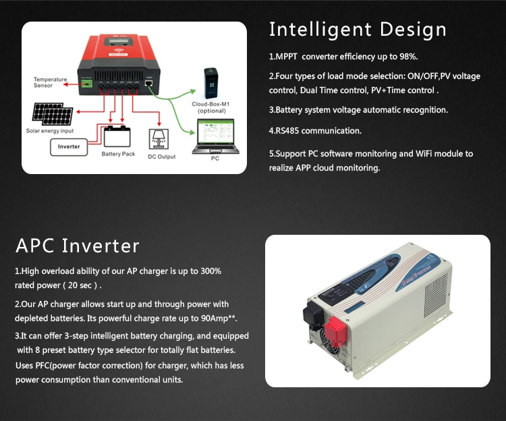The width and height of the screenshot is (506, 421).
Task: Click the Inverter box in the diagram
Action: (69, 147)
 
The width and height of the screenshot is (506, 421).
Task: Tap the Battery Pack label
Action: (118, 154)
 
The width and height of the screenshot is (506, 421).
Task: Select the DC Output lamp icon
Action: (159, 139)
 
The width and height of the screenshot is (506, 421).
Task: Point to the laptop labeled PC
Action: (216, 136)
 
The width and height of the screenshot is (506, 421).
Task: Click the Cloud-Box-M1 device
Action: (211, 83)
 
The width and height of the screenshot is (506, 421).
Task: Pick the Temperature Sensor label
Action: (51, 82)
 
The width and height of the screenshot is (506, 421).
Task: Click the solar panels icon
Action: (53, 114)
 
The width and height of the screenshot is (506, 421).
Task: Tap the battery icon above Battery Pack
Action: (117, 136)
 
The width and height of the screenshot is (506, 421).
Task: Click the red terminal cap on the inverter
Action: (335, 331)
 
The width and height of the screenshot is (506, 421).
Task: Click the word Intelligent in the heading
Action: (320, 30)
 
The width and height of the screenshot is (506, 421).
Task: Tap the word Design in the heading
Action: (413, 30)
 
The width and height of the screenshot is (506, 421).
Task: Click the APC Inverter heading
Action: (78, 246)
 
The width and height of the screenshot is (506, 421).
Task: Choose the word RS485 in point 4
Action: (287, 131)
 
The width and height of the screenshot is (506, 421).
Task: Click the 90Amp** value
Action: (219, 318)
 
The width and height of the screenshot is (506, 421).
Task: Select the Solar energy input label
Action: (50, 131)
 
